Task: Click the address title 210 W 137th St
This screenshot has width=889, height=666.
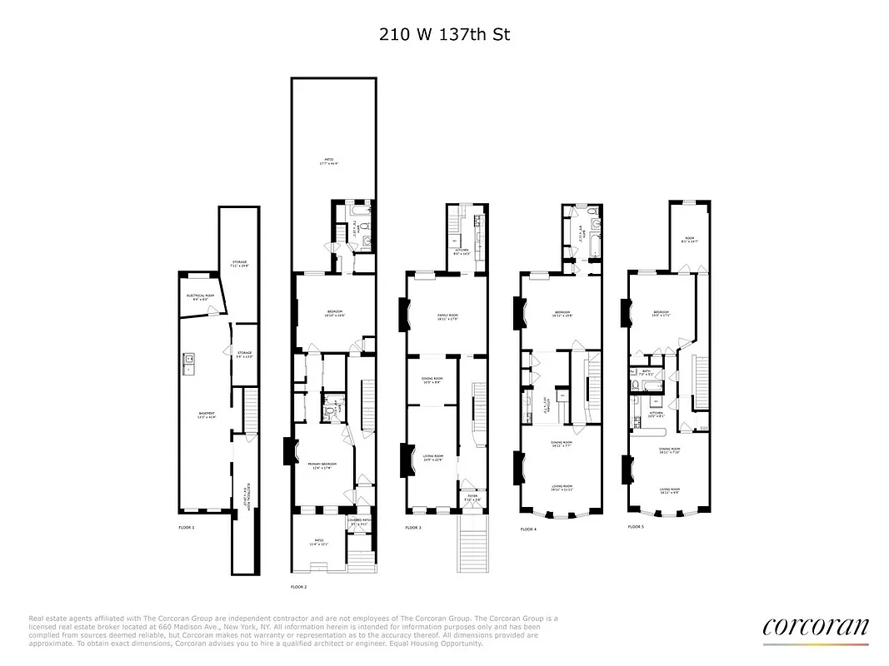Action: click(444, 35)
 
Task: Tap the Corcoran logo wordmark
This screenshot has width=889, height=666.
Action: click(815, 626)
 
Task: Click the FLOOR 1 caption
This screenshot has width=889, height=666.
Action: click(186, 528)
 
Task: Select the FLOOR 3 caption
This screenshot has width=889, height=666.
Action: click(413, 528)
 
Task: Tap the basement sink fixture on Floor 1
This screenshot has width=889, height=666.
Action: click(189, 360)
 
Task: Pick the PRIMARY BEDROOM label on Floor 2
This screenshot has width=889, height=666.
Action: click(321, 465)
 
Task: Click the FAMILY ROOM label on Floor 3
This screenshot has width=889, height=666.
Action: click(448, 316)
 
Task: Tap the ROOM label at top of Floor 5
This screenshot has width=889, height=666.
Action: click(689, 239)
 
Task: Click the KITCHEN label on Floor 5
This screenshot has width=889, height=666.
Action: click(656, 414)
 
